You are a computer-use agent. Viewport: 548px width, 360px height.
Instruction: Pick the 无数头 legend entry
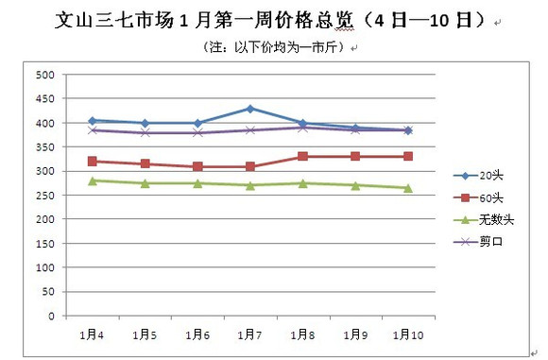pos(486,219)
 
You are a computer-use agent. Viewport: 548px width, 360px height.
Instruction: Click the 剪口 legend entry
pos(482,241)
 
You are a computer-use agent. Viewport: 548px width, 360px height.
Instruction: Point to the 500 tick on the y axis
pos(44,75)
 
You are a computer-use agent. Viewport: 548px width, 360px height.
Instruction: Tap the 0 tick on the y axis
pos(51,317)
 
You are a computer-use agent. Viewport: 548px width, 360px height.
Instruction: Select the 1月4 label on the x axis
pos(92,334)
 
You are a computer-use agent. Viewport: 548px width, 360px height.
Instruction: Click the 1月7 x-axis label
pos(250,334)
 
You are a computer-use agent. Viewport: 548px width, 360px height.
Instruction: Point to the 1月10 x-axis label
pos(408,334)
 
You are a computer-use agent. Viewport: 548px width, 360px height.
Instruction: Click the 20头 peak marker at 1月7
pos(250,109)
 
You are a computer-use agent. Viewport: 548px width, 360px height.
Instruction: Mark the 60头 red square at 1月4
pos(93,162)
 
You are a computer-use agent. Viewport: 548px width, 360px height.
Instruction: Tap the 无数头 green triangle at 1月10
pos(408,188)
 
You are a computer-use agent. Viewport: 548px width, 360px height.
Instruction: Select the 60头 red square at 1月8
pos(303,157)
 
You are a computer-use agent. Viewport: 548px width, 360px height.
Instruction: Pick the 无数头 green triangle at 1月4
pos(93,180)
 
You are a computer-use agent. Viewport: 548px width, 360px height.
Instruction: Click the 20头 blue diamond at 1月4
pos(93,121)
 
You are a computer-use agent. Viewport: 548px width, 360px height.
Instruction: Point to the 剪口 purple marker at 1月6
pos(197,132)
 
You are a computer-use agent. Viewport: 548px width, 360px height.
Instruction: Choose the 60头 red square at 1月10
pos(408,157)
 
